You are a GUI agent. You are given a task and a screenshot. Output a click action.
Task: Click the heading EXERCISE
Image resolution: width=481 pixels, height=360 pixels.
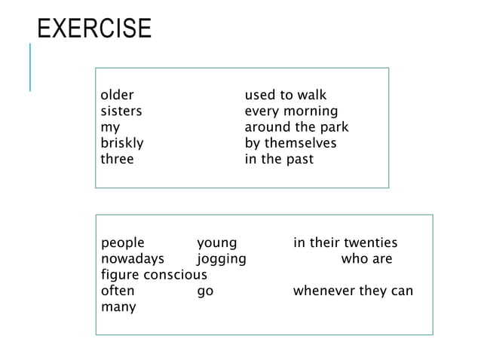(94, 28)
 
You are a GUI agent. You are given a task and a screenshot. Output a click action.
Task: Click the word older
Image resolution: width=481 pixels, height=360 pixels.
(117, 96)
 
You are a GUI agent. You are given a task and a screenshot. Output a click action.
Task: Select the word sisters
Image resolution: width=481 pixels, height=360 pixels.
(121, 111)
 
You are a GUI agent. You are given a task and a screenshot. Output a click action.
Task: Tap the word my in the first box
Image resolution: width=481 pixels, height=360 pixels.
(110, 128)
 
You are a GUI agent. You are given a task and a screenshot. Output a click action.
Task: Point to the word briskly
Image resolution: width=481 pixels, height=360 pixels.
(122, 143)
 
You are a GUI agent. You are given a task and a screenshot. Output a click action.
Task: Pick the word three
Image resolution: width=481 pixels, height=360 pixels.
(117, 159)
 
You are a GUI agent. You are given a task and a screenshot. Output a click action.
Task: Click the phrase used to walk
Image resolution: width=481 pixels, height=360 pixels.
(285, 96)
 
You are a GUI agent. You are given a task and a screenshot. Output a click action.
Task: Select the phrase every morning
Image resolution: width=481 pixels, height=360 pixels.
(291, 111)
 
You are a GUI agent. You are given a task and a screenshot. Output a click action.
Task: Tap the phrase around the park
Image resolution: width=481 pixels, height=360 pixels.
(296, 127)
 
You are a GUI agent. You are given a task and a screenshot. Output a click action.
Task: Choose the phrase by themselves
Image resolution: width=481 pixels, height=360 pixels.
(290, 143)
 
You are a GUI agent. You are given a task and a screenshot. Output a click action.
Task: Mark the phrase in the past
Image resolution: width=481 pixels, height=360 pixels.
(278, 159)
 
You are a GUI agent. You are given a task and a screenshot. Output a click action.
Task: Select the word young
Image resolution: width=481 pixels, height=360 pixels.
(216, 243)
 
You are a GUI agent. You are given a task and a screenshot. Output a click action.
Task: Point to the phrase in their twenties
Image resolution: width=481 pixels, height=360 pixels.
(345, 243)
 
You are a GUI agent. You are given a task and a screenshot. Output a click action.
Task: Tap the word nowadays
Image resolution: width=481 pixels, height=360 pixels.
(132, 259)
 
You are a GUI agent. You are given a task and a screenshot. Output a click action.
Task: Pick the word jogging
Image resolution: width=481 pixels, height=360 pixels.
(221, 259)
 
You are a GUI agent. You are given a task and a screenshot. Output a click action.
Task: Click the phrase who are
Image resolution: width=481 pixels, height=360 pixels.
(366, 259)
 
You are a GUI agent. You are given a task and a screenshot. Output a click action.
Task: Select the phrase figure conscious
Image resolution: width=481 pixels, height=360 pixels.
(154, 275)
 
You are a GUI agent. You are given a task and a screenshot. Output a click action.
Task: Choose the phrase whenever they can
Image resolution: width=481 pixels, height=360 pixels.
(353, 291)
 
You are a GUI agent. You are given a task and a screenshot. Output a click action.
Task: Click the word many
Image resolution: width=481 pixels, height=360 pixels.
(118, 307)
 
